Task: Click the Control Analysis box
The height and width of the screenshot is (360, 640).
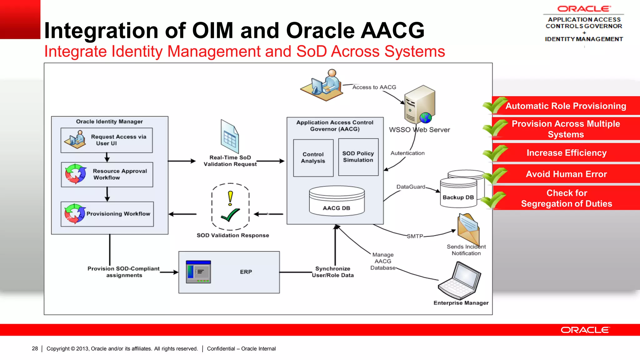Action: tap(313, 158)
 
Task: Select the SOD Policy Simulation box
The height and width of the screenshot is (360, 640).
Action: tap(358, 157)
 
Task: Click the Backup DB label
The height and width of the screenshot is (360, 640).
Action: tap(458, 197)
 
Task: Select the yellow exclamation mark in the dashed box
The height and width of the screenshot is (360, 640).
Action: tap(230, 198)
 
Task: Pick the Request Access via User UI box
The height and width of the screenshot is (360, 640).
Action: tap(107, 140)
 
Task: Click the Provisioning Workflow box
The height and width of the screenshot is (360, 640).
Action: tap(107, 214)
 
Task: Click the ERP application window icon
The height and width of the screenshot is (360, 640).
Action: tap(198, 272)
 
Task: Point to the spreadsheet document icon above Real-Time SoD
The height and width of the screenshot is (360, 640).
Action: tap(230, 136)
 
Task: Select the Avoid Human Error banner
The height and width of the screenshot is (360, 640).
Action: tap(566, 174)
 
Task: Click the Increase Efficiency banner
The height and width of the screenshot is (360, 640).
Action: tap(566, 153)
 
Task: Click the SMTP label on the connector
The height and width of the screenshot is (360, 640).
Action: tap(415, 236)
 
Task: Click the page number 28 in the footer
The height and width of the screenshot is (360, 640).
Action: tap(35, 348)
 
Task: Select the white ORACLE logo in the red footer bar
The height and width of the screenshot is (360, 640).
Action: tap(585, 330)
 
